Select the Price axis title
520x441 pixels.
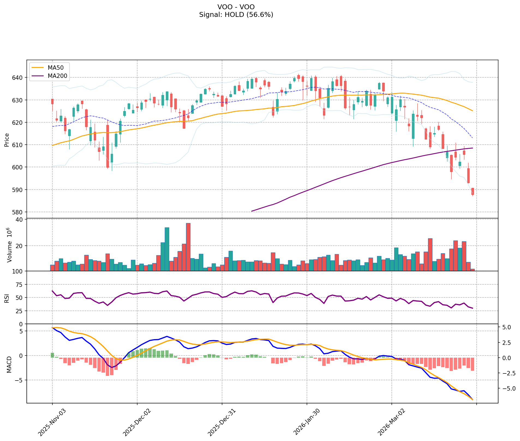click(7, 140)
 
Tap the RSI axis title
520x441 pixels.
click(7, 298)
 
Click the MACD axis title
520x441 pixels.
click(9, 364)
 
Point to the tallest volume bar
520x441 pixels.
click(188, 247)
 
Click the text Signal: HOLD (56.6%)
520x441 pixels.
click(236, 15)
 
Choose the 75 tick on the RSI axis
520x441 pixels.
click(20, 285)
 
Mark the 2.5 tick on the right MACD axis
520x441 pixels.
click(508, 343)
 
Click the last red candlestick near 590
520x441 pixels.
click(473, 191)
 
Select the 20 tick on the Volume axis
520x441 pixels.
click(20, 246)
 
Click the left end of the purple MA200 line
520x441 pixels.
click(252, 211)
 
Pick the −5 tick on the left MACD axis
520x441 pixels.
click(20, 380)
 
